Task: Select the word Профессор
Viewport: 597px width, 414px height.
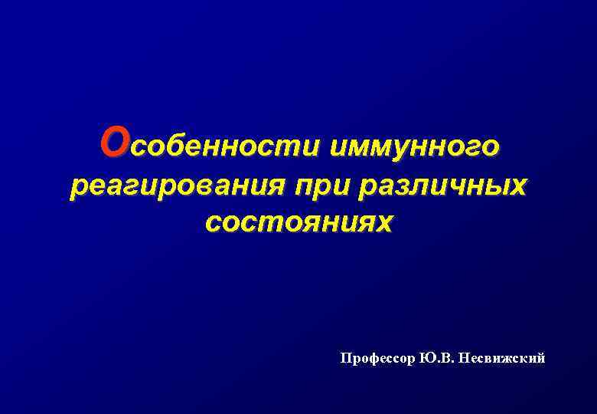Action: click(x=378, y=358)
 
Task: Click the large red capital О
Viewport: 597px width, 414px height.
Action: click(x=116, y=141)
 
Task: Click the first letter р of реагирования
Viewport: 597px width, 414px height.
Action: click(x=77, y=186)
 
